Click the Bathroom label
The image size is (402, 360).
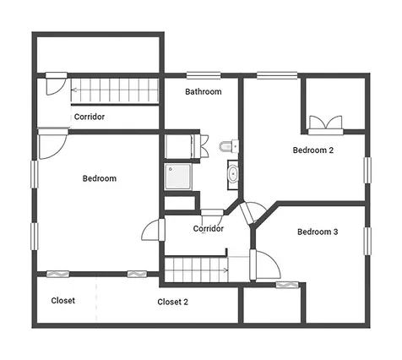coord(204,91)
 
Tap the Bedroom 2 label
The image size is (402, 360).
coord(313,150)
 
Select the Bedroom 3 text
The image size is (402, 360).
coord(318,232)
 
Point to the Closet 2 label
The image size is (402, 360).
coord(172,302)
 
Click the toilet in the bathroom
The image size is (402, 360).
coord(229,146)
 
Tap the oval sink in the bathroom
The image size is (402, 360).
coord(233,175)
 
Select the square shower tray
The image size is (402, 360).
coord(178,177)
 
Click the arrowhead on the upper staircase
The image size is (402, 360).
coord(74,90)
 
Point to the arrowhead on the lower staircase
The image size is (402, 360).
coord(225,270)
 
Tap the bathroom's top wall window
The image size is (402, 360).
coord(204,75)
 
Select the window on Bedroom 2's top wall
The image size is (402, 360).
coord(277,75)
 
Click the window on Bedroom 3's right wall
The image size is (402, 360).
coord(367,242)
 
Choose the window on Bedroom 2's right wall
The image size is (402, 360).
coord(367,171)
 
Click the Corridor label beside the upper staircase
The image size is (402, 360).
coord(90,117)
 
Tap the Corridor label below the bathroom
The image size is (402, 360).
coord(209,228)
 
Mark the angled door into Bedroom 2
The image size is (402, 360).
coord(253,213)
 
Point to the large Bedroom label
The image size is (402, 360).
coord(100,178)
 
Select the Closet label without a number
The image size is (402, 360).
coord(63,301)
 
